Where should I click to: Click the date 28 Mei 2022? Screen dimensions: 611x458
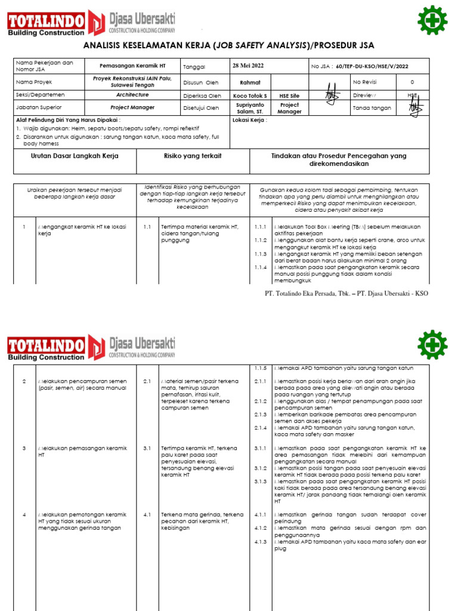(x=248, y=66)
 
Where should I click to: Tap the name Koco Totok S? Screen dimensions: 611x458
(x=250, y=95)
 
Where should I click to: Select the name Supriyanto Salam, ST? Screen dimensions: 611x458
(x=250, y=108)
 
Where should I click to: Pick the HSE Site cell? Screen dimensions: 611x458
(x=290, y=95)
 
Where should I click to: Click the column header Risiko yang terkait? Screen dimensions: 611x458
(x=193, y=156)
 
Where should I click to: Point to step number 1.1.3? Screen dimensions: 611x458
(x=260, y=254)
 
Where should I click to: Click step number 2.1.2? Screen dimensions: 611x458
(x=260, y=402)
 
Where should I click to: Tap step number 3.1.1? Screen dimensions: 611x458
(x=260, y=447)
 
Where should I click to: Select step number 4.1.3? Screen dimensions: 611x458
(x=260, y=542)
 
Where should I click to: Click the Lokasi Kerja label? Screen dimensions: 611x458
(x=250, y=120)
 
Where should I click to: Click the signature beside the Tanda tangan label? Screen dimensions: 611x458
(x=414, y=108)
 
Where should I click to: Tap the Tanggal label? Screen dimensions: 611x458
(x=194, y=67)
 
